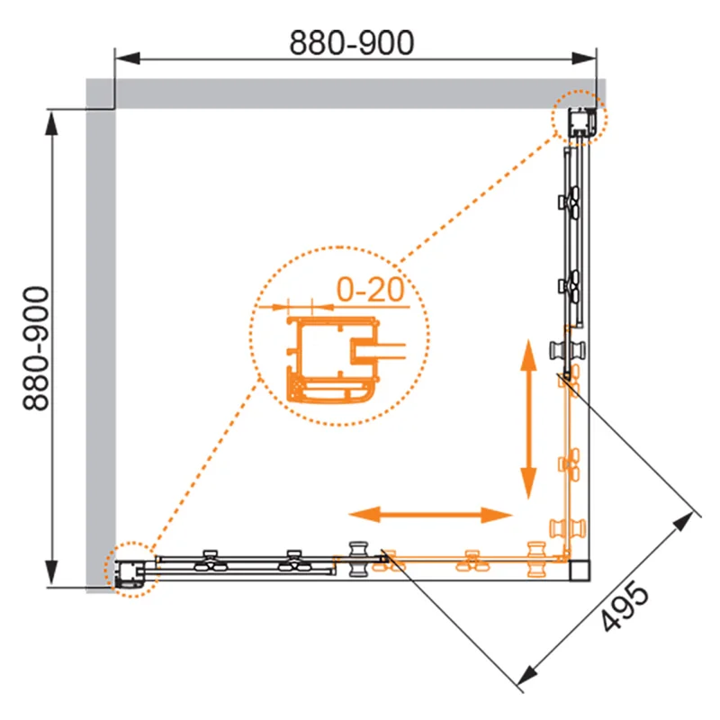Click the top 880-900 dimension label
pyautogui.click(x=352, y=42)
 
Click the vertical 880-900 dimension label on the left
pyautogui.click(x=35, y=348)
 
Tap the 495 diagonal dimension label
pyautogui.click(x=625, y=606)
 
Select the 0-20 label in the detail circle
pyautogui.click(x=371, y=289)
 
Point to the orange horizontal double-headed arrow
pyautogui.click(x=430, y=515)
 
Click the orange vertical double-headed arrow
pyautogui.click(x=528, y=418)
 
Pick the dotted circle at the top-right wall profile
pyautogui.click(x=579, y=118)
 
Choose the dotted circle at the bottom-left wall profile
pyautogui.click(x=131, y=570)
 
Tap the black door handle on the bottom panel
pyautogui.click(x=358, y=559)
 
